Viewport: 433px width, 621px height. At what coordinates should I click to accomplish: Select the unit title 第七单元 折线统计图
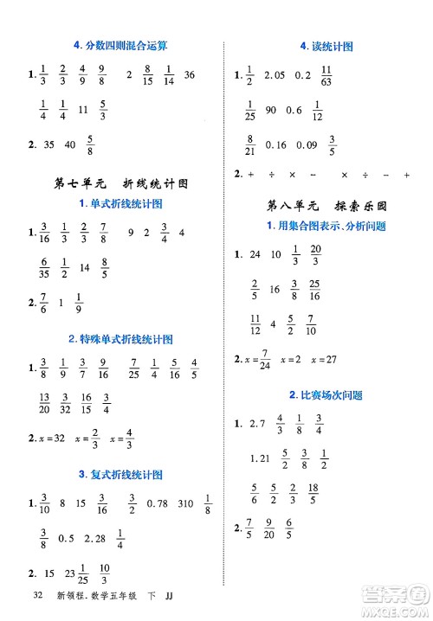click(x=120, y=183)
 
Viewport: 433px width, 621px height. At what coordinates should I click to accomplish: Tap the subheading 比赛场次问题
click(x=325, y=394)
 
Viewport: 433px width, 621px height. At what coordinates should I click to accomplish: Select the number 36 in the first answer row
click(x=191, y=76)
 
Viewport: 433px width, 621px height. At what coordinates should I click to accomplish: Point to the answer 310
click(x=184, y=503)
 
